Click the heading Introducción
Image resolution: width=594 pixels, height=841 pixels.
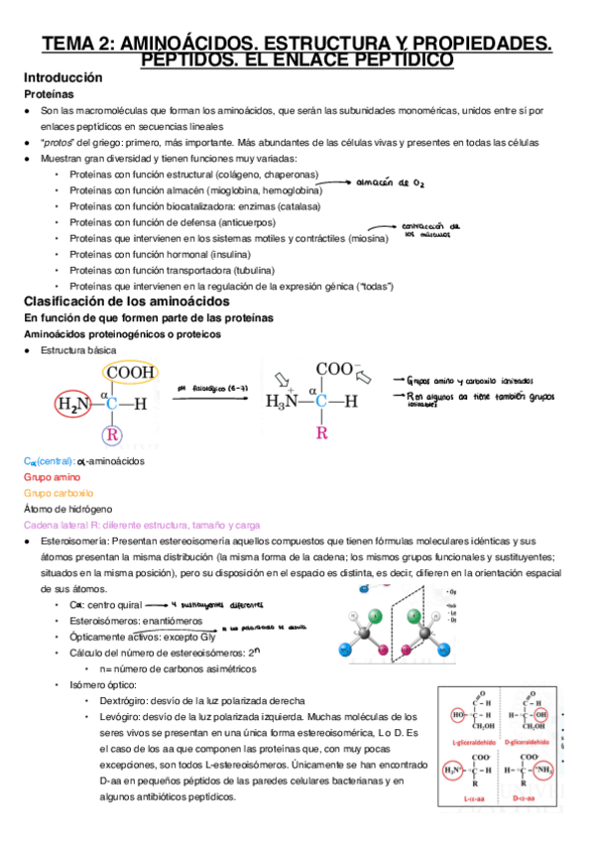62,76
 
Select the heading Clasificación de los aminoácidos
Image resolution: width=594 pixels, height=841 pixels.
126,300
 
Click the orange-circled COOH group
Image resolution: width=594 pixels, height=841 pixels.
131,373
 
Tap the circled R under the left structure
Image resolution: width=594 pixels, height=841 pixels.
113,434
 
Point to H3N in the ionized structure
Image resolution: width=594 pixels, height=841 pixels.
287,402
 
